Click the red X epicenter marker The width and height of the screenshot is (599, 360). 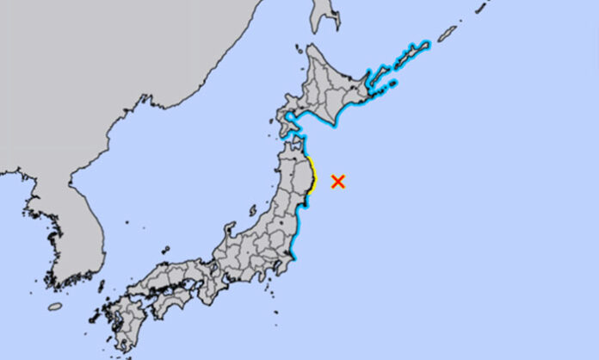(338, 181)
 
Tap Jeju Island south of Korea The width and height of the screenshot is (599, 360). (55, 306)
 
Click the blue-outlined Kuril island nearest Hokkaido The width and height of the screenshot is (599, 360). (379, 77)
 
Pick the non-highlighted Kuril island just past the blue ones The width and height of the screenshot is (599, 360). (447, 34)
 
